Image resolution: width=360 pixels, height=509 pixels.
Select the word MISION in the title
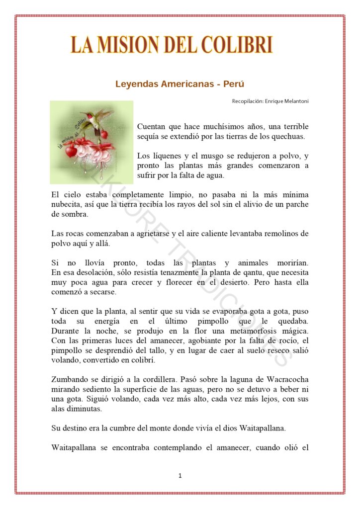pyautogui.click(x=127, y=45)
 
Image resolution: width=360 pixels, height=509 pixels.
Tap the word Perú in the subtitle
pyautogui.click(x=234, y=84)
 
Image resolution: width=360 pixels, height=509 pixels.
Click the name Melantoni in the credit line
pyautogui.click(x=293, y=101)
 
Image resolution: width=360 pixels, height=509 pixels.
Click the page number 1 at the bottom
pyautogui.click(x=180, y=476)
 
